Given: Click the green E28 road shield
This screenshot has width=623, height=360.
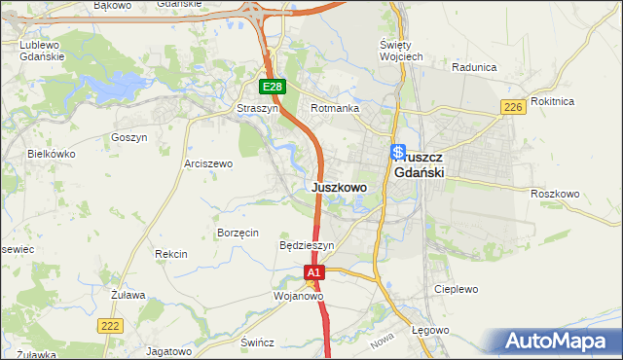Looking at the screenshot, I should tap(274, 87).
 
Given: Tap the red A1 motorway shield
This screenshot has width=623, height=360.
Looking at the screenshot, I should tap(313, 274).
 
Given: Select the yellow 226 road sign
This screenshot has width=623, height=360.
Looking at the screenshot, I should tap(514, 107).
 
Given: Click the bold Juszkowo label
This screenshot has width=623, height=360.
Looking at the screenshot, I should tap(339, 187).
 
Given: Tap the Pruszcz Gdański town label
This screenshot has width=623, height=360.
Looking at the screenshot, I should tap(421, 163).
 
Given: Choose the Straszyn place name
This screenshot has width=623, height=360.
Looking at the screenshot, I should tap(258, 109).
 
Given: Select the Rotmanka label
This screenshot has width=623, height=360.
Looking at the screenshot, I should tap(335, 109).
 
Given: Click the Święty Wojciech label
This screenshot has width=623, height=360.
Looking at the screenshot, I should tap(400, 52).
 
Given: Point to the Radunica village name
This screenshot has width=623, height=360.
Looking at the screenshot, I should tap(475, 68).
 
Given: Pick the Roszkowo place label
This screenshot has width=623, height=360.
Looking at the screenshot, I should tap(555, 194).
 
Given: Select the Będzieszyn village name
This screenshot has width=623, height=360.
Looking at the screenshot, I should tap(307, 246).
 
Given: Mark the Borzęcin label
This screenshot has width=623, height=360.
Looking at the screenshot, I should tap(238, 233).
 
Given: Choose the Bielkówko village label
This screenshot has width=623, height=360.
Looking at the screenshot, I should tap(52, 154).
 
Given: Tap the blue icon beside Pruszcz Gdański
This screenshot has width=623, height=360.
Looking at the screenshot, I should tap(398, 152).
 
